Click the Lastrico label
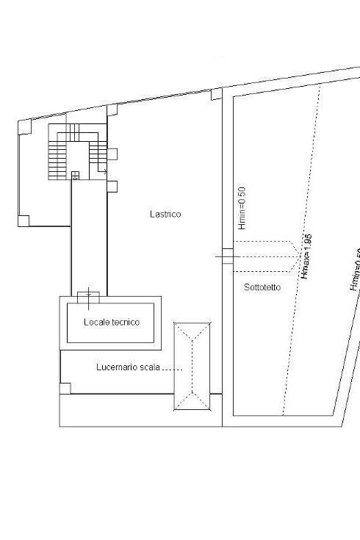tap(165, 215)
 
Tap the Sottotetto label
tap(262, 287)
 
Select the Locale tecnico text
tap(111, 322)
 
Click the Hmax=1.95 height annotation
tap(307, 258)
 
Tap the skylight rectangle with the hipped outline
tap(192, 365)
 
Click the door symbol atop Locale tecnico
tap(87, 295)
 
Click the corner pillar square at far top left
tap(24, 127)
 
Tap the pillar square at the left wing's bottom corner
tap(24, 220)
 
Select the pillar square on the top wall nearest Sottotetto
tap(216, 94)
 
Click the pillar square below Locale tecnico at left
tap(65, 387)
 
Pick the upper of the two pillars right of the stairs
tap(112, 154)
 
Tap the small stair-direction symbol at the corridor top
tap(75, 175)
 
